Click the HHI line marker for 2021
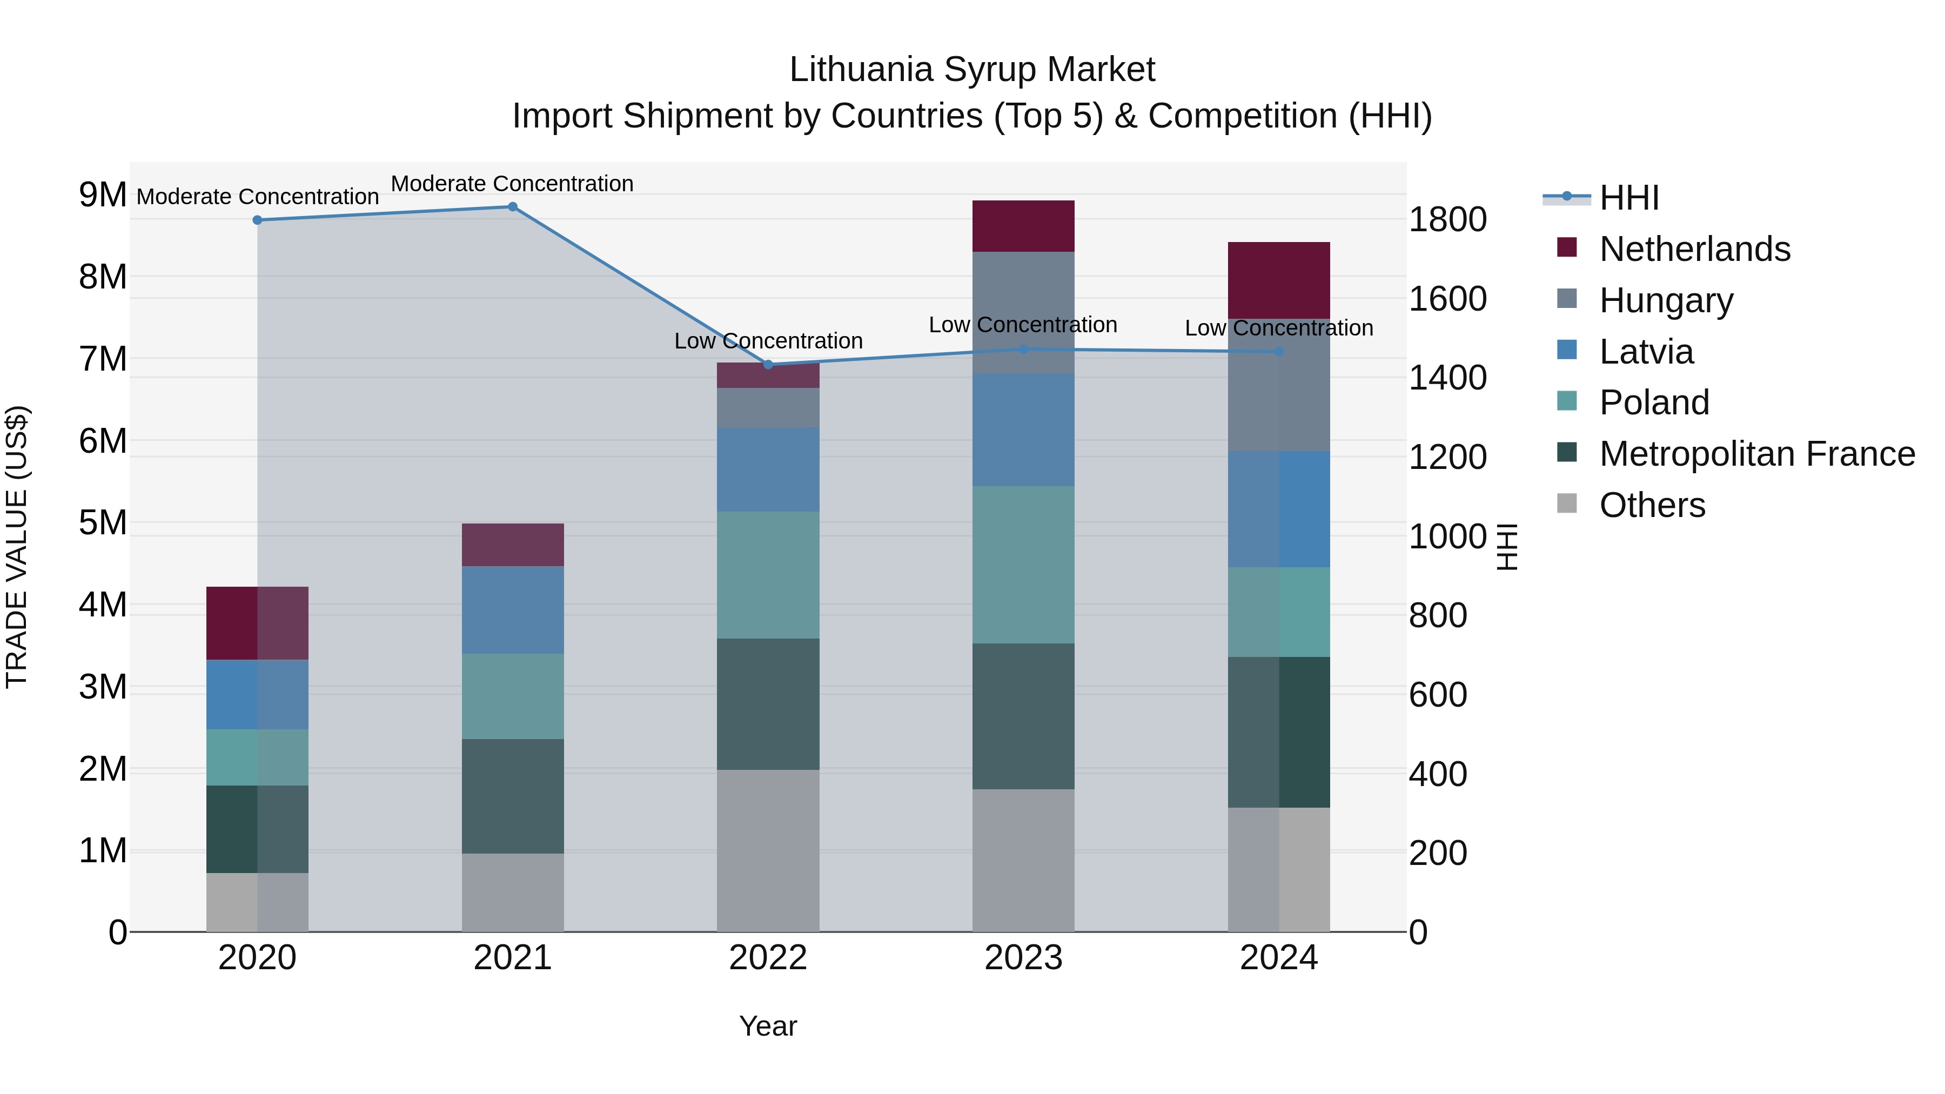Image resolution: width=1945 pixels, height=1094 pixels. point(513,207)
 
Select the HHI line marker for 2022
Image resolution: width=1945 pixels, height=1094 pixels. point(768,365)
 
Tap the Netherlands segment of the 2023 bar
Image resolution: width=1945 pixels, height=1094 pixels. point(1023,226)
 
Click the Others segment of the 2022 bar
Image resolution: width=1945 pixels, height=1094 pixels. point(768,850)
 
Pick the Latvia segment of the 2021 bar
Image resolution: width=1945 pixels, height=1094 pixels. point(513,610)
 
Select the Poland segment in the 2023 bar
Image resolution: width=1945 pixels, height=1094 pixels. point(1023,565)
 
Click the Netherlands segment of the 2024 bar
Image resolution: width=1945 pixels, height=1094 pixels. point(1278,280)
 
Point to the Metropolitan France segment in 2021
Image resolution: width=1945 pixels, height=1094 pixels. point(513,796)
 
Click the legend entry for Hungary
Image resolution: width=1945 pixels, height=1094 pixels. point(1666,300)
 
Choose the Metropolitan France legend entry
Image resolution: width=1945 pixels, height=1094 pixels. point(1756,454)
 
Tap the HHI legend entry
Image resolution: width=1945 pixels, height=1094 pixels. point(1628,198)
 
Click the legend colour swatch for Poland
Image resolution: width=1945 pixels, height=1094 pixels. point(1567,401)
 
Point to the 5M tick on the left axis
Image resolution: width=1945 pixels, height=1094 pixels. point(103,522)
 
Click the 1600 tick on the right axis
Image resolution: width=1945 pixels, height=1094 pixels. point(1447,299)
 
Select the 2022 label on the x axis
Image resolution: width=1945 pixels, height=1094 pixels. point(768,958)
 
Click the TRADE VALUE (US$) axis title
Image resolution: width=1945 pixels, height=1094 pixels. point(17,547)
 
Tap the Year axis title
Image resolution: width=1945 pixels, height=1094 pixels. point(768,1026)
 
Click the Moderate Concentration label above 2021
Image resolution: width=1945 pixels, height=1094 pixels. point(512,184)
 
